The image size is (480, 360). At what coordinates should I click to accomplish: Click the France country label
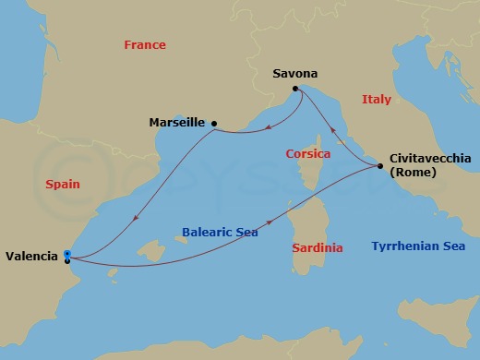pyautogui.click(x=145, y=45)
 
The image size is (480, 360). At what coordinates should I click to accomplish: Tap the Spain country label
pyautogui.click(x=63, y=185)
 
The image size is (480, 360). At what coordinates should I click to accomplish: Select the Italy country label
pyautogui.click(x=376, y=99)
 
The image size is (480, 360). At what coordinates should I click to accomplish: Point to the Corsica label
pyautogui.click(x=308, y=154)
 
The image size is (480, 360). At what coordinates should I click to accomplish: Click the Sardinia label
pyautogui.click(x=317, y=248)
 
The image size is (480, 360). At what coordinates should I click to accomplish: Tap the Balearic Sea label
pyautogui.click(x=220, y=233)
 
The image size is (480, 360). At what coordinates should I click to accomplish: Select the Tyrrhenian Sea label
pyautogui.click(x=417, y=246)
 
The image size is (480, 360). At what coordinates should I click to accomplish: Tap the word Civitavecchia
pyautogui.click(x=430, y=158)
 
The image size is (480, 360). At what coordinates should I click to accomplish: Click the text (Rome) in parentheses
pyautogui.click(x=413, y=173)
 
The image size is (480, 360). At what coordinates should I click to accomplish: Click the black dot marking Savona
pyautogui.click(x=295, y=89)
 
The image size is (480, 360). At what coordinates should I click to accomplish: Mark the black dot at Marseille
pyautogui.click(x=213, y=123)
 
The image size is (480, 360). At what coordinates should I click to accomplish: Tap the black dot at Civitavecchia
pyautogui.click(x=379, y=166)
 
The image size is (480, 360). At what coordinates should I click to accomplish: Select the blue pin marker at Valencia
pyautogui.click(x=67, y=255)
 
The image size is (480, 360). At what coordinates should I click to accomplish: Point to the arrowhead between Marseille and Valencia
pyautogui.click(x=136, y=218)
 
